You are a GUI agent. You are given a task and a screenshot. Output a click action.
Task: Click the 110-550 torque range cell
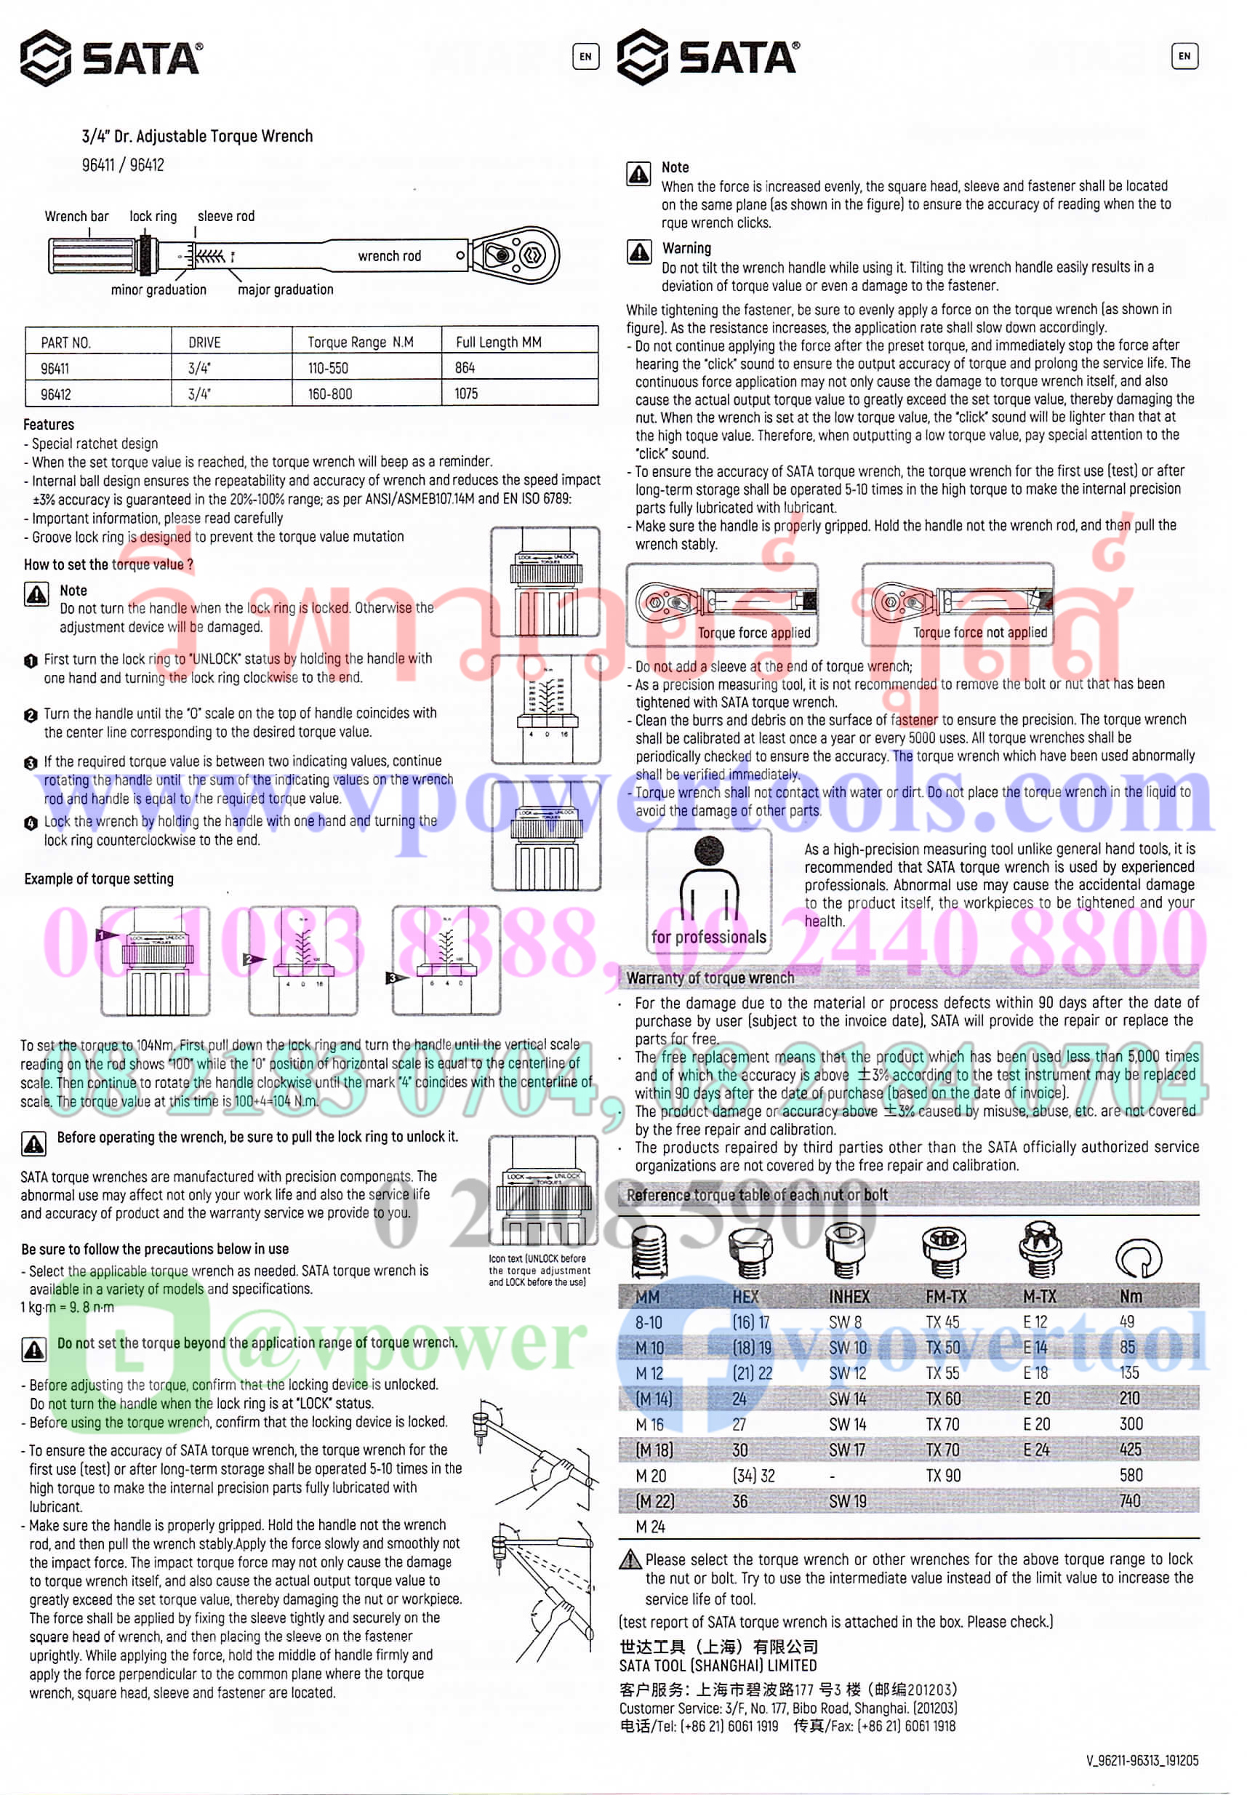[x=327, y=368]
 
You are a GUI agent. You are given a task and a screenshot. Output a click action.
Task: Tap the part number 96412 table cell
[x=55, y=395]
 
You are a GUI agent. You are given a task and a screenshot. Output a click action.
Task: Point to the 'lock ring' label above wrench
[x=153, y=217]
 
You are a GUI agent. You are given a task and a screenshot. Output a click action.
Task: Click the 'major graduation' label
[x=285, y=290]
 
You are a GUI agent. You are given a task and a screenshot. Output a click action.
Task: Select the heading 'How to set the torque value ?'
[x=108, y=564]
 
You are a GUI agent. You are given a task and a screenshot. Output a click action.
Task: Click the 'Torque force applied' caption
[x=753, y=633]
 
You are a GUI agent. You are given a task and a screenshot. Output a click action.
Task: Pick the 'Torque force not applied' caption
[x=980, y=633]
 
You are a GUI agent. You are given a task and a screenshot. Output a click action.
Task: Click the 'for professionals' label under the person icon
[x=708, y=937]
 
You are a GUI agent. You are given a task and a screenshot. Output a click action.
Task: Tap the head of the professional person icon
[x=708, y=850]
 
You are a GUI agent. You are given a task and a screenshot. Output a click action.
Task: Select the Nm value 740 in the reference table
[x=1129, y=1500]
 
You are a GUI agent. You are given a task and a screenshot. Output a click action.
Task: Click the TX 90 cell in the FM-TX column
[x=943, y=1476]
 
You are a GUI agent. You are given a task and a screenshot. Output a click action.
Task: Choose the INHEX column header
[x=849, y=1297]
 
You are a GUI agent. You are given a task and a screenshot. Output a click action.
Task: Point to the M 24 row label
[x=650, y=1526]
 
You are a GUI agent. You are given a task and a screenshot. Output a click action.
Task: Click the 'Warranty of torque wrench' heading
[x=710, y=978]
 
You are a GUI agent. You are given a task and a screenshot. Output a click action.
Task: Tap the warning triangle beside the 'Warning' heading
[x=639, y=252]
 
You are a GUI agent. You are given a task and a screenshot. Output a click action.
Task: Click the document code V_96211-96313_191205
[x=1142, y=1761]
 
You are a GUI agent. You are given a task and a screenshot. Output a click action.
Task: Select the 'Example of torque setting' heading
[x=98, y=879]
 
